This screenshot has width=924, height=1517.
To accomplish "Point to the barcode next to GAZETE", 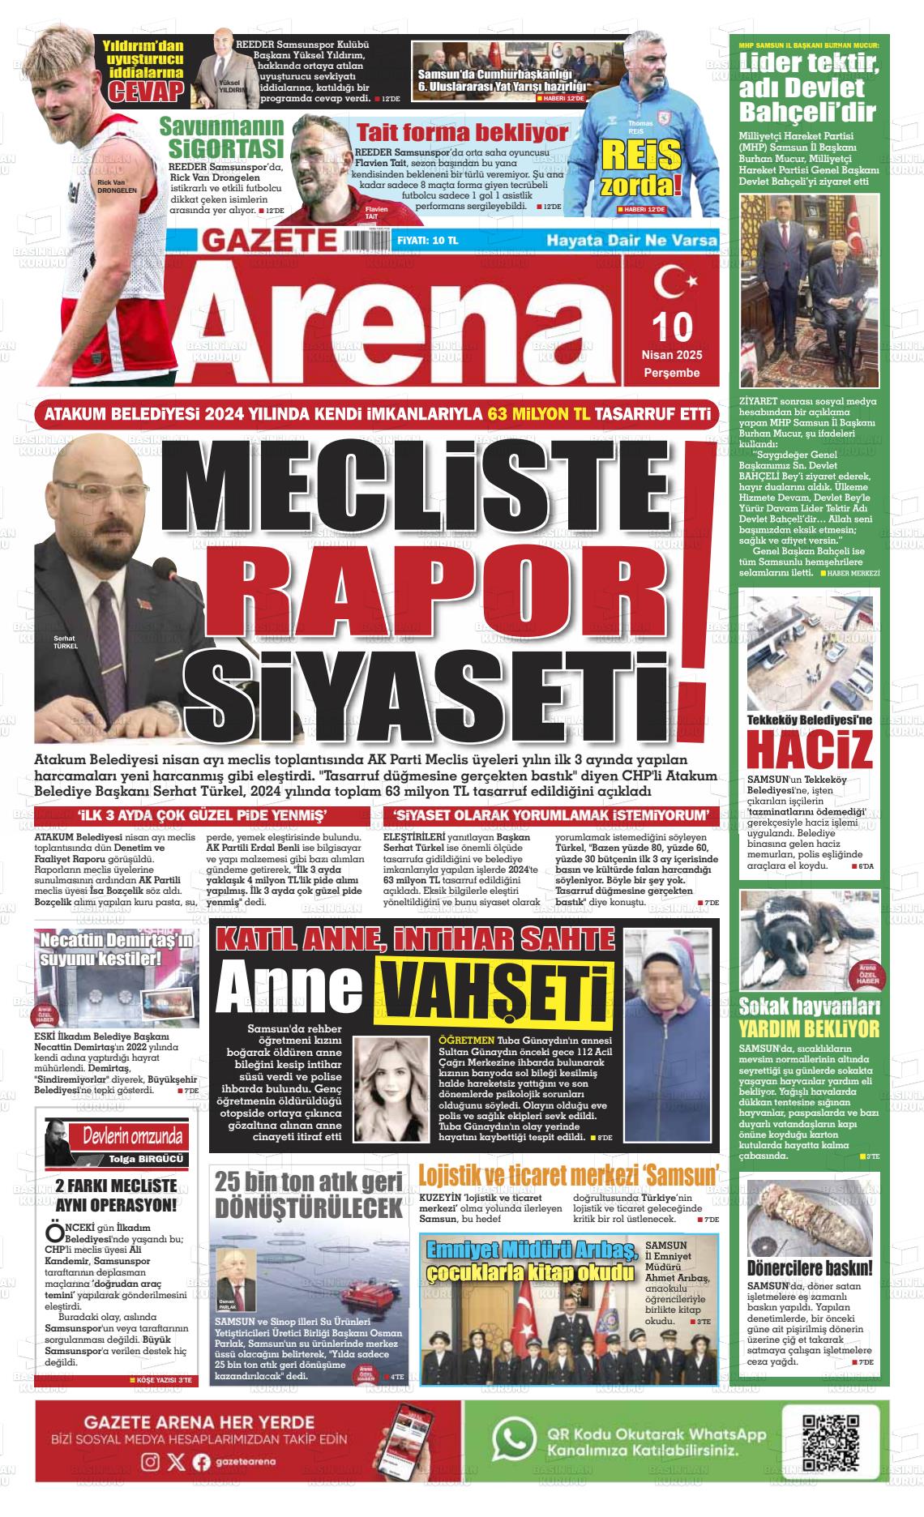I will tap(366, 241).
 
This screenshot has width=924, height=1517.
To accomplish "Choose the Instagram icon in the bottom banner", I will tap(151, 1484).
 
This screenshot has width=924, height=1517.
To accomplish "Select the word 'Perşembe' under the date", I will tap(671, 373).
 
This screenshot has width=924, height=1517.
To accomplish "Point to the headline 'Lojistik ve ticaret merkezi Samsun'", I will tap(569, 1175).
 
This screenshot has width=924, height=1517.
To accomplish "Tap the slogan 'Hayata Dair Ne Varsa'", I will tap(631, 241).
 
